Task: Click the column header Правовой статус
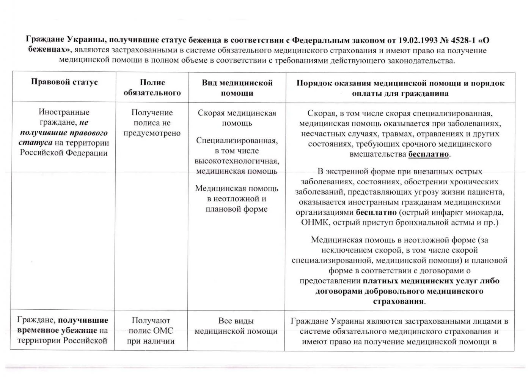(x=64, y=82)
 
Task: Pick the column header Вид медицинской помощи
(x=237, y=88)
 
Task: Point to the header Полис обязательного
(x=152, y=87)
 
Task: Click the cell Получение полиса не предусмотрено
(x=152, y=123)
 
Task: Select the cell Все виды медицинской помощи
(x=236, y=326)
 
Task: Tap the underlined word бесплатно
(x=429, y=154)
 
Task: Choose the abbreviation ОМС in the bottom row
(x=163, y=331)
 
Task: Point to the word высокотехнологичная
(x=237, y=161)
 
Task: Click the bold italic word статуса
(x=35, y=143)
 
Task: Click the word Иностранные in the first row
(x=64, y=112)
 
